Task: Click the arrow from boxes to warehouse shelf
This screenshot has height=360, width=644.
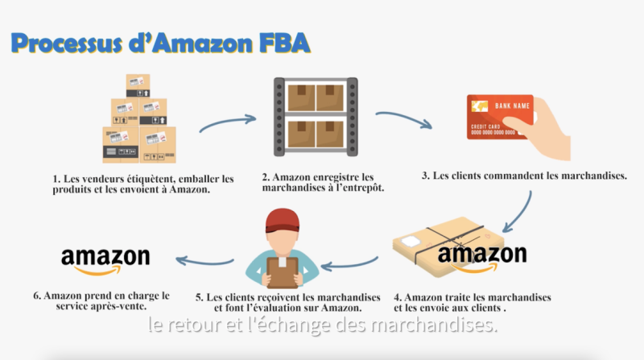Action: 227,123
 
